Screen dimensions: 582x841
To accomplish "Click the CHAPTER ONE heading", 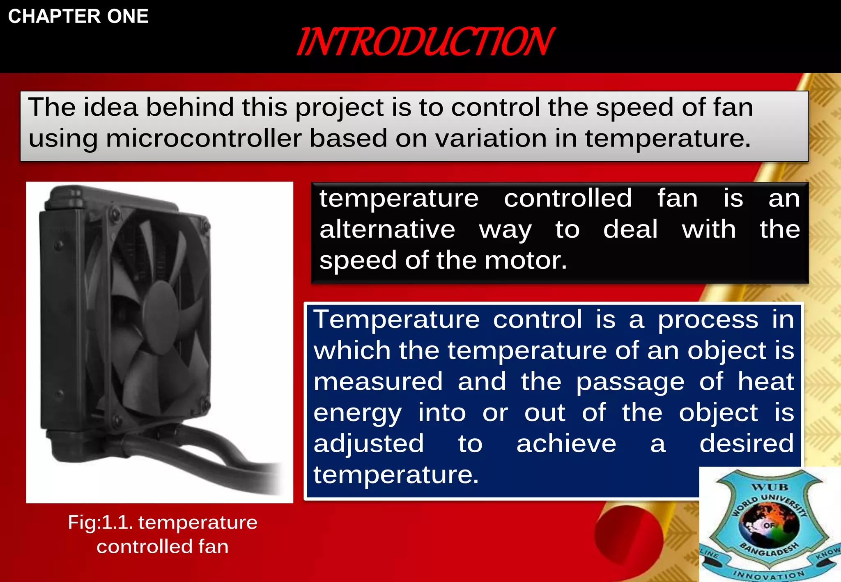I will tap(78, 16).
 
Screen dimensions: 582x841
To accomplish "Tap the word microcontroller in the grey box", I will tap(204, 138).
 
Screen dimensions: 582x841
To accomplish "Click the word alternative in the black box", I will tap(387, 229).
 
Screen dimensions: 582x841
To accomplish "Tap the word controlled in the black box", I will tap(568, 198).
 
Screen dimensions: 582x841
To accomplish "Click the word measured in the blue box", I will tap(378, 381).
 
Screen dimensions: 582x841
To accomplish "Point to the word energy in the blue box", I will tap(357, 413).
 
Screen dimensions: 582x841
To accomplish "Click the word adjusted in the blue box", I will tap(368, 444).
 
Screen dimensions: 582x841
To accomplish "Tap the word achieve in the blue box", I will tap(566, 444).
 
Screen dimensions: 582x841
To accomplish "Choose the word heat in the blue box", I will tap(765, 381).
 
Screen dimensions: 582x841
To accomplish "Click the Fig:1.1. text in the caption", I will tap(100, 522).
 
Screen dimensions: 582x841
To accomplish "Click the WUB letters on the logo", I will tap(770, 487).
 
